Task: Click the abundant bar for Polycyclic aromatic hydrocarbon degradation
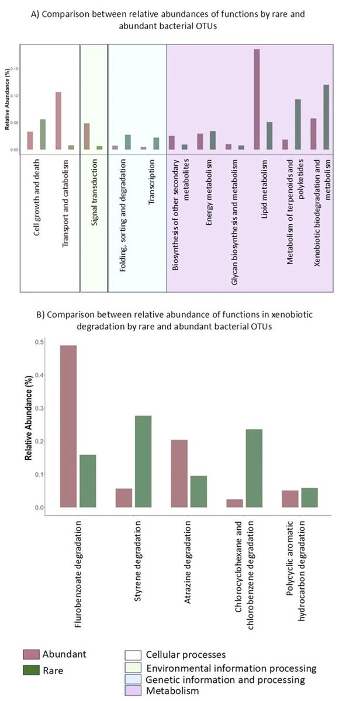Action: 290,498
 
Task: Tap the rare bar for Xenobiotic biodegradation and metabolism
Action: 326,117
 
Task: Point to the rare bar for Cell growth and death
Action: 43,134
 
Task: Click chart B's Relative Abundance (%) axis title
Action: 28,426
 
